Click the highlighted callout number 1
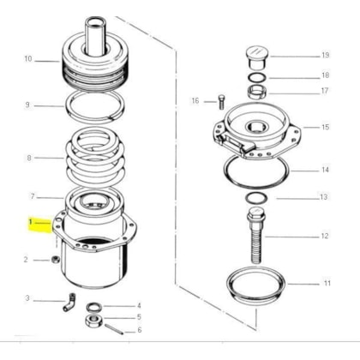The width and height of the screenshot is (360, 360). click(x=31, y=222)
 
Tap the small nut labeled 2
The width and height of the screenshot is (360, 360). click(x=55, y=260)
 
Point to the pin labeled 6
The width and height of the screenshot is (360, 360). click(x=114, y=330)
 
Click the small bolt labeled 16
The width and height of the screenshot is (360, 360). click(x=221, y=102)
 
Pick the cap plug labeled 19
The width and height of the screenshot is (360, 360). click(x=256, y=57)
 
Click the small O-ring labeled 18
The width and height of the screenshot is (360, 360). click(x=257, y=77)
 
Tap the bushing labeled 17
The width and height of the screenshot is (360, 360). click(x=257, y=91)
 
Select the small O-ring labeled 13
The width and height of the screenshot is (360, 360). click(x=256, y=198)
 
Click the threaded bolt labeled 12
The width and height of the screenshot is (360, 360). click(x=257, y=235)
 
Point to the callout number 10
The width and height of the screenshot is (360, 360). click(x=27, y=59)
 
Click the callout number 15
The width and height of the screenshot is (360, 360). click(x=326, y=127)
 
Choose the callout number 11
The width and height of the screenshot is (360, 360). click(x=327, y=283)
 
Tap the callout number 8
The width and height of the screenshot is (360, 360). click(x=29, y=158)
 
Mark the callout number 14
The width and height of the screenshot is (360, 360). click(x=326, y=170)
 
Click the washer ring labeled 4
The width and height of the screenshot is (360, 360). click(x=94, y=307)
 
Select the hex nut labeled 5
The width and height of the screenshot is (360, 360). click(x=94, y=321)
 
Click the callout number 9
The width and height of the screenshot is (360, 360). click(x=27, y=105)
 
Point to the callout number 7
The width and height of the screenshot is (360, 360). click(x=33, y=196)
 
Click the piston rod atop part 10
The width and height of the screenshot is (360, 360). click(x=96, y=37)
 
